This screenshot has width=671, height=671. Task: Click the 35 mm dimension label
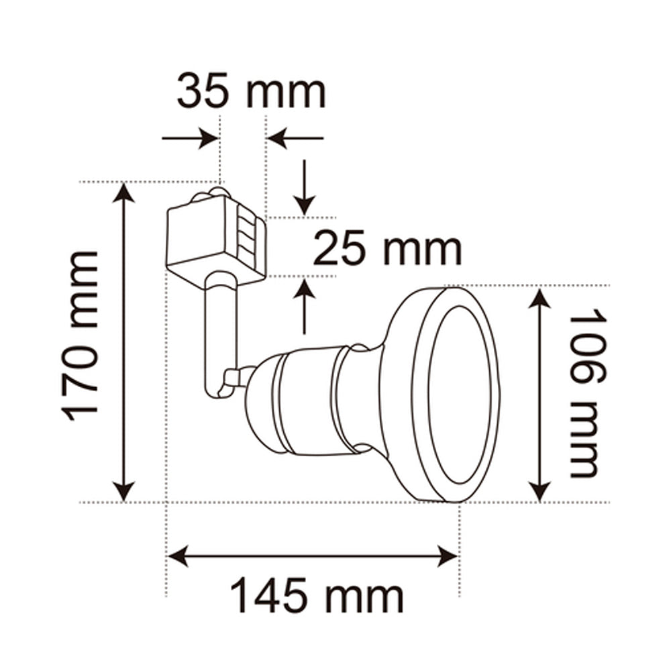(x=251, y=93)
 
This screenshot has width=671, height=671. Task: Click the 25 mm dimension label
(x=387, y=249)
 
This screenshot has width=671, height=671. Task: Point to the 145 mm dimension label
(x=317, y=596)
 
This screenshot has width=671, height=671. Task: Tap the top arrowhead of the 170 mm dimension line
(x=123, y=194)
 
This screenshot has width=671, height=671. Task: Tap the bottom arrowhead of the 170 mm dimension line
(x=123, y=490)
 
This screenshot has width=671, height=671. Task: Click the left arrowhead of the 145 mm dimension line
(x=178, y=556)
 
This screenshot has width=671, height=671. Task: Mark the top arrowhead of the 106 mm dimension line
(x=540, y=298)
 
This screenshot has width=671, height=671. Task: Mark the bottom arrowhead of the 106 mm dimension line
(x=540, y=490)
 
